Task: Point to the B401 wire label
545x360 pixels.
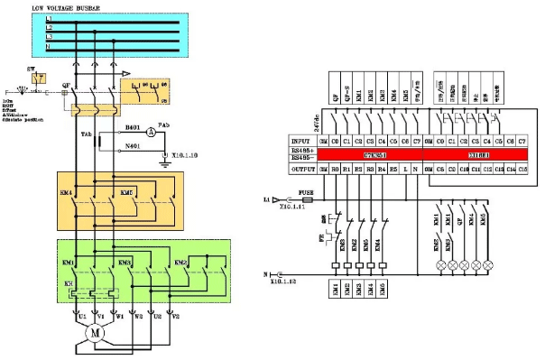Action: click(x=133, y=127)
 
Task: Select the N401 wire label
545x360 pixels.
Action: click(x=133, y=145)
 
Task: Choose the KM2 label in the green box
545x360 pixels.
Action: click(x=180, y=263)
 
